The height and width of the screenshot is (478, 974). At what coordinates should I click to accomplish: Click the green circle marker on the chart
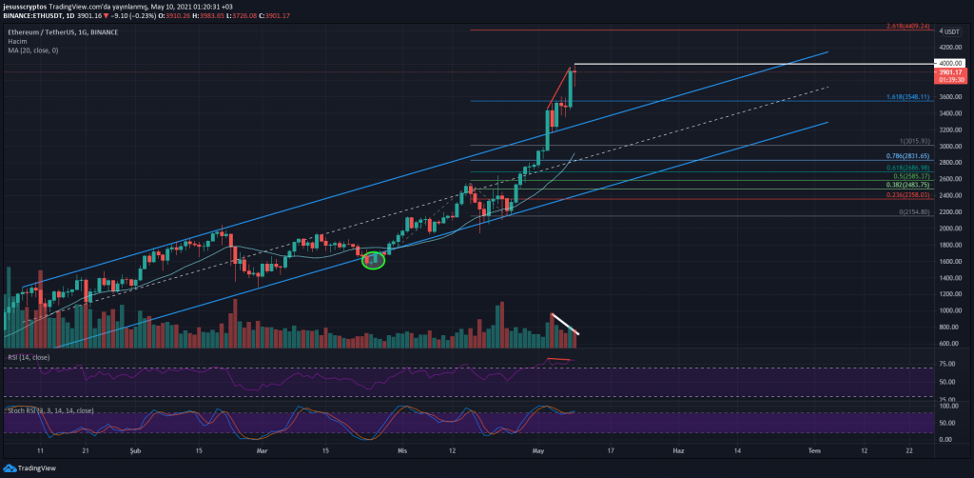click(x=374, y=259)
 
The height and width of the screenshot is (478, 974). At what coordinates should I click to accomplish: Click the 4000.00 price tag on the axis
click(x=952, y=63)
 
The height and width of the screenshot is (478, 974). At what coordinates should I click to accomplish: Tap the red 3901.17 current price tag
click(x=952, y=72)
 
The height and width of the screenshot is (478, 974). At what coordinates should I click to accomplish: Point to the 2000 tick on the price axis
click(x=947, y=229)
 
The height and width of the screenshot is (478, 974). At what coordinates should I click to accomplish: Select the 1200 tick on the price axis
click(x=947, y=294)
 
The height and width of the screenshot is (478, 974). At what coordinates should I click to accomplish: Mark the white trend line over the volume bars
click(x=566, y=324)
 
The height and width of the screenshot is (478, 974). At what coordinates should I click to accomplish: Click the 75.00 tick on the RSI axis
click(x=948, y=364)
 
